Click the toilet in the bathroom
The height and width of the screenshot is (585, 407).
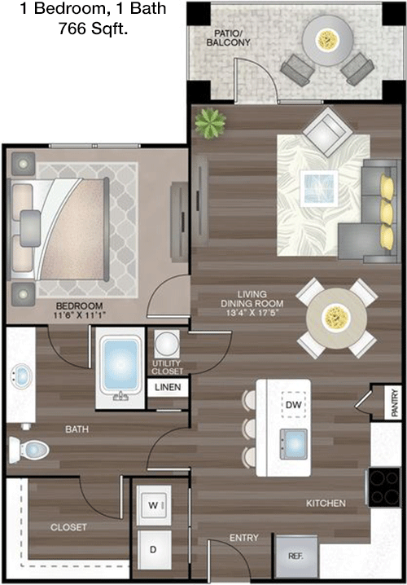pyautogui.click(x=28, y=450)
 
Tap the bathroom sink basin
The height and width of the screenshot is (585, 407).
pyautogui.click(x=21, y=376)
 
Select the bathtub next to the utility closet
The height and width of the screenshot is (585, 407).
pyautogui.click(x=120, y=367)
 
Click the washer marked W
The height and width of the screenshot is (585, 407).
pyautogui.click(x=154, y=505)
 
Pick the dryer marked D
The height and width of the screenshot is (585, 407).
pyautogui.click(x=154, y=549)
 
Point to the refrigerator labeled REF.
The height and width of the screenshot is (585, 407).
pyautogui.click(x=296, y=556)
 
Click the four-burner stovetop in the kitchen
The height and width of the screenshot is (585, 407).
pyautogui.click(x=385, y=487)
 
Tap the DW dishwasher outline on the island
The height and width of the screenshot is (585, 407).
pyautogui.click(x=293, y=404)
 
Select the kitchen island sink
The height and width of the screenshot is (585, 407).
pyautogui.click(x=294, y=444)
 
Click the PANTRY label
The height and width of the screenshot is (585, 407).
pyautogui.click(x=395, y=403)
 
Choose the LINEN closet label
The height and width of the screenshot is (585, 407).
pyautogui.click(x=168, y=387)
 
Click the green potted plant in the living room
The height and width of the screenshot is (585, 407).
pyautogui.click(x=210, y=124)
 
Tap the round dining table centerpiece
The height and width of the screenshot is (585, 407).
pyautogui.click(x=336, y=318)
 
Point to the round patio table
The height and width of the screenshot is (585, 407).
pyautogui.click(x=327, y=40)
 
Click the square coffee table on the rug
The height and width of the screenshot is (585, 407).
pyautogui.click(x=319, y=188)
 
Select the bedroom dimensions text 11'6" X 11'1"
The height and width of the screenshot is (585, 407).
pyautogui.click(x=80, y=315)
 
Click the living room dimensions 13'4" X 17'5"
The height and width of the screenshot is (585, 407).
pyautogui.click(x=252, y=313)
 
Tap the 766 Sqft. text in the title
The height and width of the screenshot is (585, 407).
pyautogui.click(x=93, y=29)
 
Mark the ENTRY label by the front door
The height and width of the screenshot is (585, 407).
pyautogui.click(x=243, y=538)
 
